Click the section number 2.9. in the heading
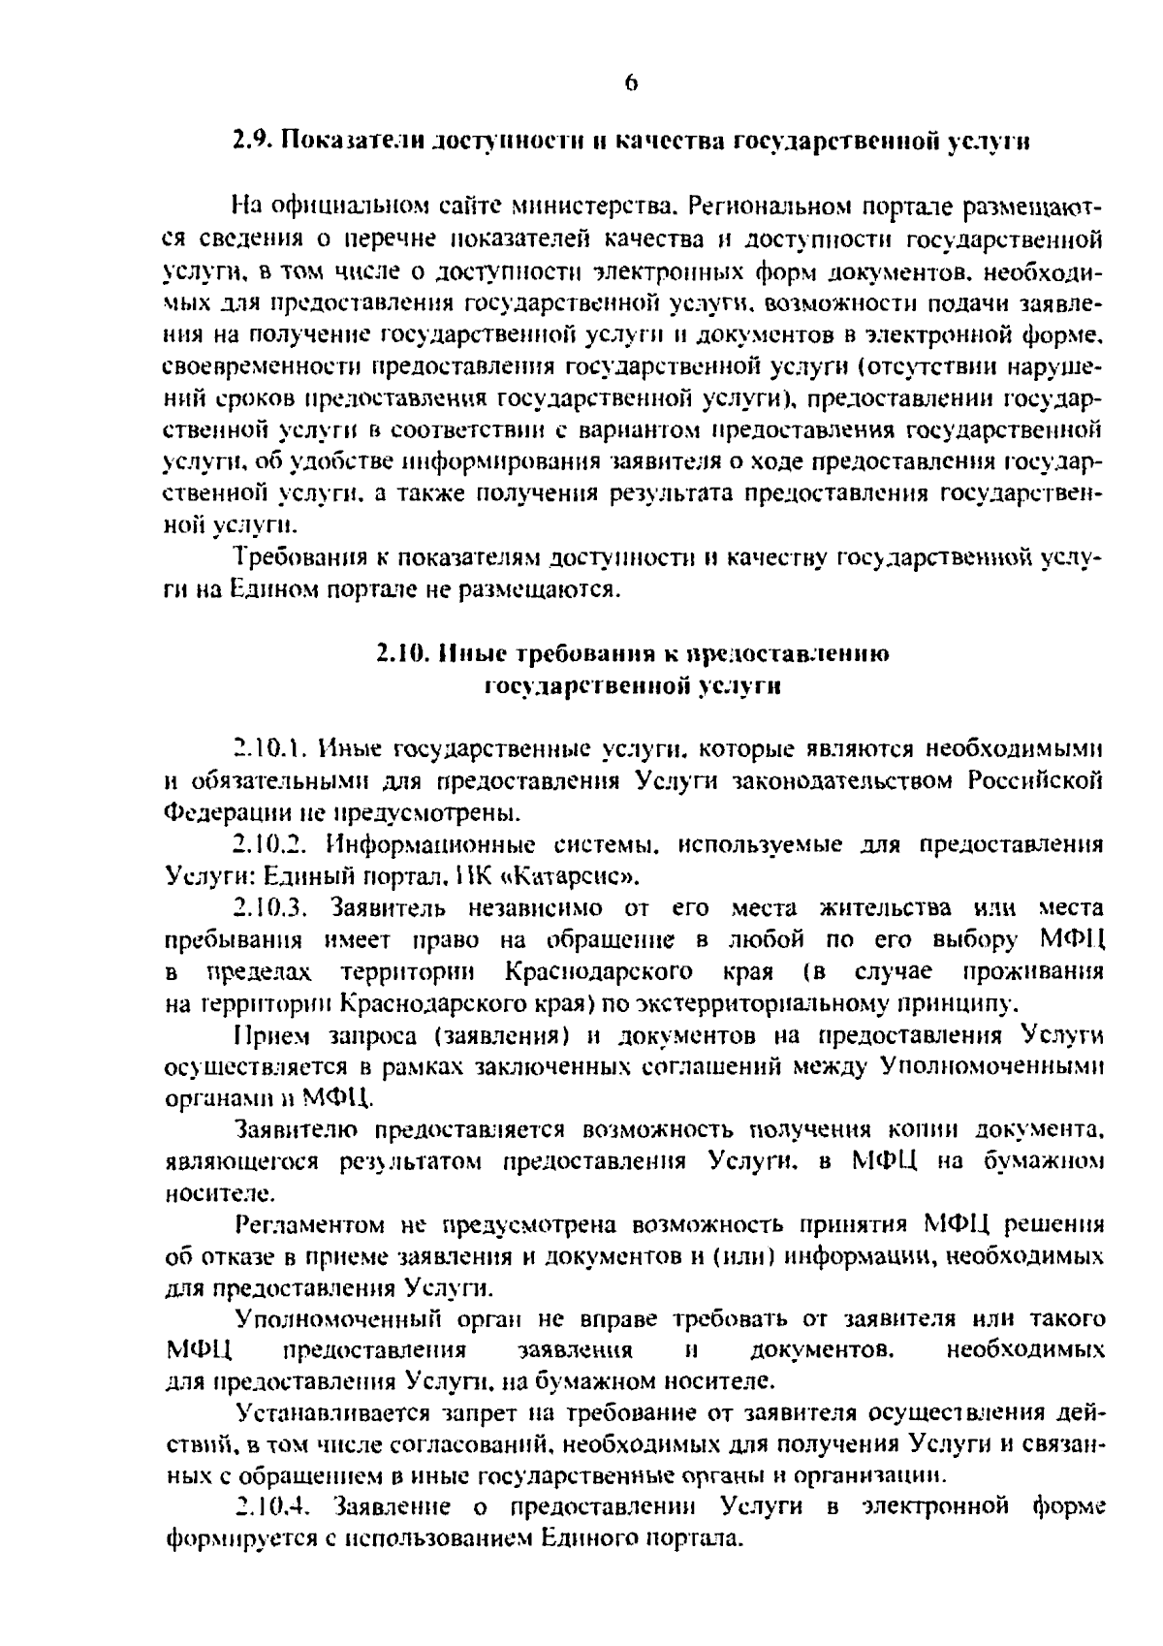[x=255, y=142]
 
